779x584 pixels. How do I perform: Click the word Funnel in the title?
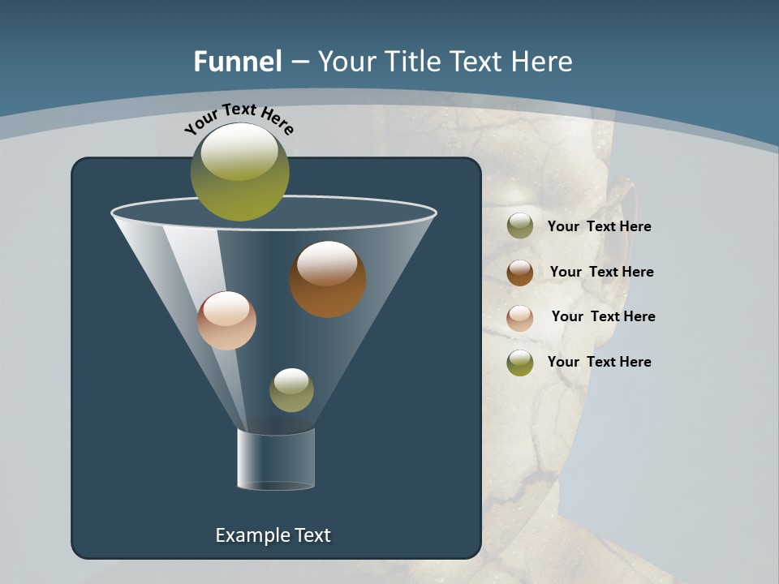click(237, 62)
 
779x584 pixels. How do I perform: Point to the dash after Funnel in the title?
click(299, 62)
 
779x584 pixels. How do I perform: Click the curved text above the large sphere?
click(239, 118)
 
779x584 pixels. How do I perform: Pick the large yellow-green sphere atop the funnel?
click(240, 172)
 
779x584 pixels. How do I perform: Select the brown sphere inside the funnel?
click(328, 279)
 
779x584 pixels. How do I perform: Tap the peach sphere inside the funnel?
click(226, 320)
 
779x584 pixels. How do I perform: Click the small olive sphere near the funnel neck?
click(291, 390)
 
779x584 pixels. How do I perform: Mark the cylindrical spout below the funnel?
click(276, 459)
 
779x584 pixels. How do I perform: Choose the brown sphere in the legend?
click(520, 273)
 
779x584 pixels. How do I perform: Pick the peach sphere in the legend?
click(520, 318)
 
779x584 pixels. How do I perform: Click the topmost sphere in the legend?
click(520, 225)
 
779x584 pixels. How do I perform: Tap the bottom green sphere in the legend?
click(520, 363)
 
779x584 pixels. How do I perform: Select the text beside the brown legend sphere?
click(601, 273)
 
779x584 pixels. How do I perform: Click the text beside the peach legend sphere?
click(603, 317)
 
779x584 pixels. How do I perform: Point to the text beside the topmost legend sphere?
click(599, 227)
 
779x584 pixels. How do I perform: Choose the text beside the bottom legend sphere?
click(599, 362)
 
